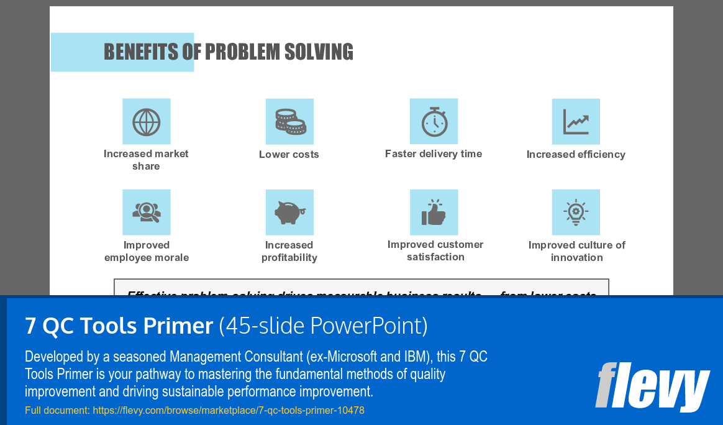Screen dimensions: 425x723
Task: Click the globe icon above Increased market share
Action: pos(146,122)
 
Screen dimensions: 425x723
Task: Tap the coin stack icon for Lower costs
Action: pos(289,122)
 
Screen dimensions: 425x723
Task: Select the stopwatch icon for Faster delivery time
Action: pos(434,121)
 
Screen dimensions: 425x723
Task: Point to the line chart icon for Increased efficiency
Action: pos(576,122)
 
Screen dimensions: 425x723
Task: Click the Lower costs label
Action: pos(289,155)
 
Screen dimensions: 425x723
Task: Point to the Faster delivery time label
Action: pos(434,154)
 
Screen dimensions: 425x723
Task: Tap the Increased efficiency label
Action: pos(576,155)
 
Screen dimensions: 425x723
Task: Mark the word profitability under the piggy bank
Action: pos(289,258)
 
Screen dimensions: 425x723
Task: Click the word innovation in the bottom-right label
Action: pos(576,258)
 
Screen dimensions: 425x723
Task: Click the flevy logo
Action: pos(652,386)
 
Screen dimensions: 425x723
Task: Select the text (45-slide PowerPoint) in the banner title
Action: pos(323,326)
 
